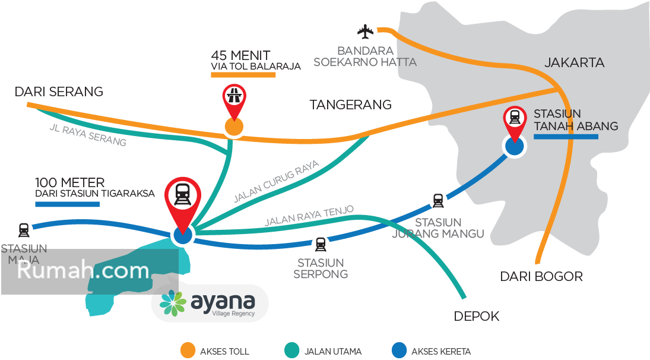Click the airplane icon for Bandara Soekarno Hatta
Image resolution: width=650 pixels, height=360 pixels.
coord(365,31)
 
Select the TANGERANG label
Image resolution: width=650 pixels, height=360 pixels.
coord(350,105)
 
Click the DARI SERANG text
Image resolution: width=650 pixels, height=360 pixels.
coord(59,92)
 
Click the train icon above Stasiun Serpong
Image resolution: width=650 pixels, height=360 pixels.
coord(321,244)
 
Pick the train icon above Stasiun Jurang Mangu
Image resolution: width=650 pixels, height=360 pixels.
coord(437,201)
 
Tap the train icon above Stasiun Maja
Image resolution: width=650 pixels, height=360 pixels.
coord(24,229)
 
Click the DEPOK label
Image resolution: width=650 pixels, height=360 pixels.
coord(477,317)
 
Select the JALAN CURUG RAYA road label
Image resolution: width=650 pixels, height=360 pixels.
coord(276,181)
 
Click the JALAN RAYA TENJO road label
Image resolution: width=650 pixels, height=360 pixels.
coord(309,216)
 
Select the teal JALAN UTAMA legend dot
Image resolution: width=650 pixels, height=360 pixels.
coord(291,350)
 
